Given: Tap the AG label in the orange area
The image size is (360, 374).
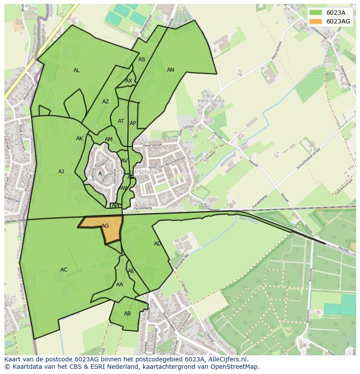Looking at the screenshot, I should [x=105, y=226].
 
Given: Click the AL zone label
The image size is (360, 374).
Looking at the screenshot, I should [x=77, y=70].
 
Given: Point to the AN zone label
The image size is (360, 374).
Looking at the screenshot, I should [x=170, y=70].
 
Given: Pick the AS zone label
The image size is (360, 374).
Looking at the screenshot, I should [x=142, y=60].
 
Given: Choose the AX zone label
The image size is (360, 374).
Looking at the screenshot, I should [x=129, y=81].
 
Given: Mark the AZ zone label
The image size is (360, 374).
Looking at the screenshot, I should [x=106, y=102].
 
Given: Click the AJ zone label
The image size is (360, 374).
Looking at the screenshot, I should [x=61, y=172].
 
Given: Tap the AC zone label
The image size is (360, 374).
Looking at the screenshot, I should [x=64, y=270].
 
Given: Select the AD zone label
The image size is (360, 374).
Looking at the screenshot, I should [x=157, y=244].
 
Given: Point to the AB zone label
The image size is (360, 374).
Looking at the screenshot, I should [x=127, y=314].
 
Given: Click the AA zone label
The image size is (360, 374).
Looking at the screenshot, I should [x=120, y=285].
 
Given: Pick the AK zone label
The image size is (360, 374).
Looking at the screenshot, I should [x=80, y=139].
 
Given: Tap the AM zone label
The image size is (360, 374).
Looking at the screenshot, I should [x=109, y=139].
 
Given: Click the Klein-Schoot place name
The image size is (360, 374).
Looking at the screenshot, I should [x=211, y=101].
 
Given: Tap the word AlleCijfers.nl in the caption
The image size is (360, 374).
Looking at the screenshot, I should [x=227, y=360].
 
